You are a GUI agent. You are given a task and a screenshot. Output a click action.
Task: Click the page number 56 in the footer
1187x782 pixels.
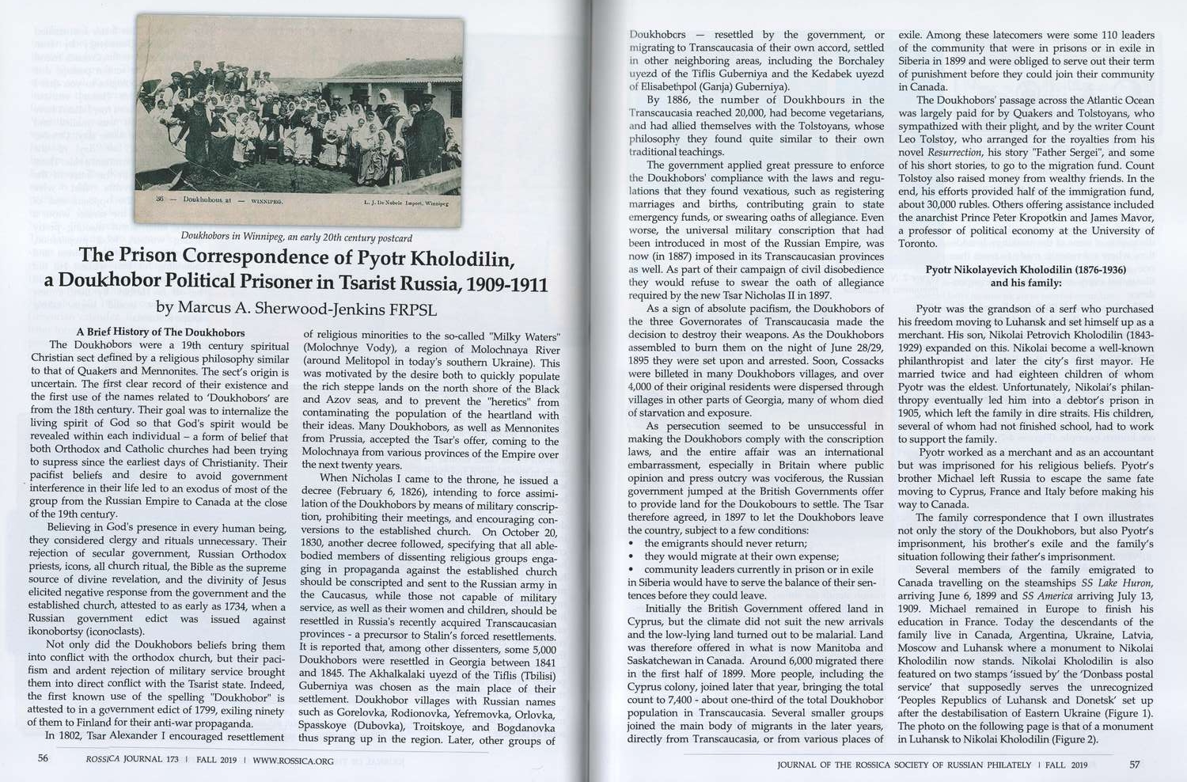pyautogui.click(x=44, y=757)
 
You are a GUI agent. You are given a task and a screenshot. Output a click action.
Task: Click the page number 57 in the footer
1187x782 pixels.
pyautogui.click(x=1134, y=765)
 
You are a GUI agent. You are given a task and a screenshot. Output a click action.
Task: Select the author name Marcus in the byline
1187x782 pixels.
pyautogui.click(x=207, y=307)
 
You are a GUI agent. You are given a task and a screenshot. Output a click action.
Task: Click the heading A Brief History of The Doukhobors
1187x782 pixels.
pyautogui.click(x=161, y=332)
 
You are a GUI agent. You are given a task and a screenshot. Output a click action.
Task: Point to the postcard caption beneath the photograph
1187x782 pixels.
pyautogui.click(x=297, y=237)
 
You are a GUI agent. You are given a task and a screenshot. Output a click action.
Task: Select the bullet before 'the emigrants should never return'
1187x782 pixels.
pyautogui.click(x=631, y=544)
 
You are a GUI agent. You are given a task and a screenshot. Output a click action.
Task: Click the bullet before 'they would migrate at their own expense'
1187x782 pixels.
pyautogui.click(x=631, y=556)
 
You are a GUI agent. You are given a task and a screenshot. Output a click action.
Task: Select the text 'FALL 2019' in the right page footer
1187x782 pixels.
pyautogui.click(x=1065, y=765)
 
